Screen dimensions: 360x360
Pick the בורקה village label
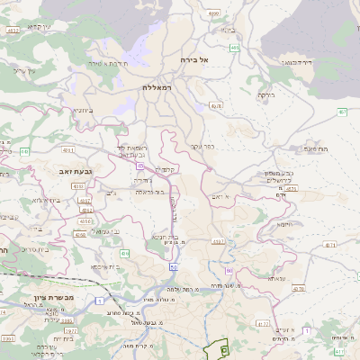pos(265,94)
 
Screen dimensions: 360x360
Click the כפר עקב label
pos(201,145)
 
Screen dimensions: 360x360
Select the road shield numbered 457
pos(343,112)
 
